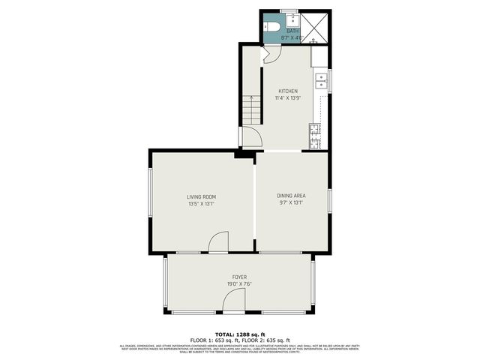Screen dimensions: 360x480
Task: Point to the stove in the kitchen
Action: (x=315, y=135)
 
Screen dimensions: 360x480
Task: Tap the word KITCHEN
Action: (x=288, y=91)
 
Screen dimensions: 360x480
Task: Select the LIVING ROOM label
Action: (x=201, y=196)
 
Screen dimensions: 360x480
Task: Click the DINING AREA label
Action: (x=292, y=196)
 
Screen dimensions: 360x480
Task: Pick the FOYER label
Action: (x=238, y=277)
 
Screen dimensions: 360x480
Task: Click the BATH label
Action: (x=291, y=31)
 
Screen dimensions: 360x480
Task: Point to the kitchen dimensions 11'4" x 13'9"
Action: (x=288, y=98)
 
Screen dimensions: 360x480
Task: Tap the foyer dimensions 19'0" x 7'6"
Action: (x=238, y=284)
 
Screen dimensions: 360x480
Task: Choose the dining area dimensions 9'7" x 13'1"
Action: (x=292, y=202)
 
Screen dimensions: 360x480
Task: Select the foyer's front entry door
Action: (x=234, y=302)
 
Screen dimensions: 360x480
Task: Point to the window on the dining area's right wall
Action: (x=328, y=201)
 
